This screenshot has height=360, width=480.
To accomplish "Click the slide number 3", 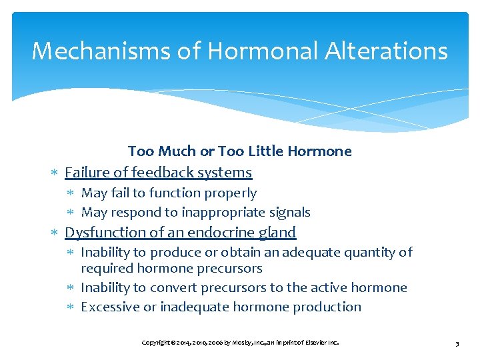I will pyautogui.click(x=457, y=343).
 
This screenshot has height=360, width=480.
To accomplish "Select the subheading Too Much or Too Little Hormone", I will pyautogui.click(x=239, y=151).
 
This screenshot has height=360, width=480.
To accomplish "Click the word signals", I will pyautogui.click(x=288, y=212).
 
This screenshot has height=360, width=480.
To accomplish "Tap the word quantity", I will pyautogui.click(x=371, y=252).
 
